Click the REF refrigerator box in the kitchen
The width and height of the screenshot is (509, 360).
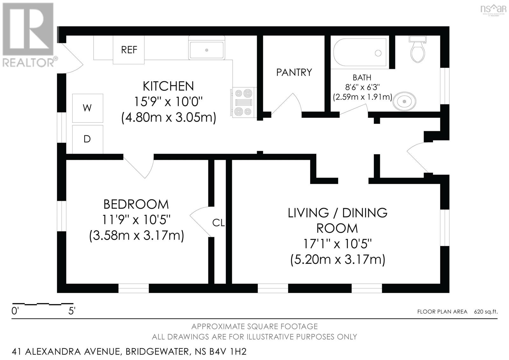[x=129, y=50]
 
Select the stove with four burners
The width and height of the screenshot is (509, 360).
[x=243, y=102]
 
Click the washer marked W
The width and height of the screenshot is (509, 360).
[x=87, y=108]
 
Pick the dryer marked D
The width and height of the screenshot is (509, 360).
[x=87, y=139]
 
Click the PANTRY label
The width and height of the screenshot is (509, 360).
[x=294, y=73]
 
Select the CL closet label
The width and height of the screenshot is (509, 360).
[x=219, y=223]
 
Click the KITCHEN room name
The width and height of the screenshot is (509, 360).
[x=168, y=86]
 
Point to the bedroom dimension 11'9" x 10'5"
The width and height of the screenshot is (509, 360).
[x=136, y=220]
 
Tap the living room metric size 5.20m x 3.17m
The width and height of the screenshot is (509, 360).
[x=338, y=260]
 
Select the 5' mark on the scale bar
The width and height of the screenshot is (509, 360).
[x=72, y=311]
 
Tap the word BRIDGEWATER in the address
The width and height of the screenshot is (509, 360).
[x=157, y=352]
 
